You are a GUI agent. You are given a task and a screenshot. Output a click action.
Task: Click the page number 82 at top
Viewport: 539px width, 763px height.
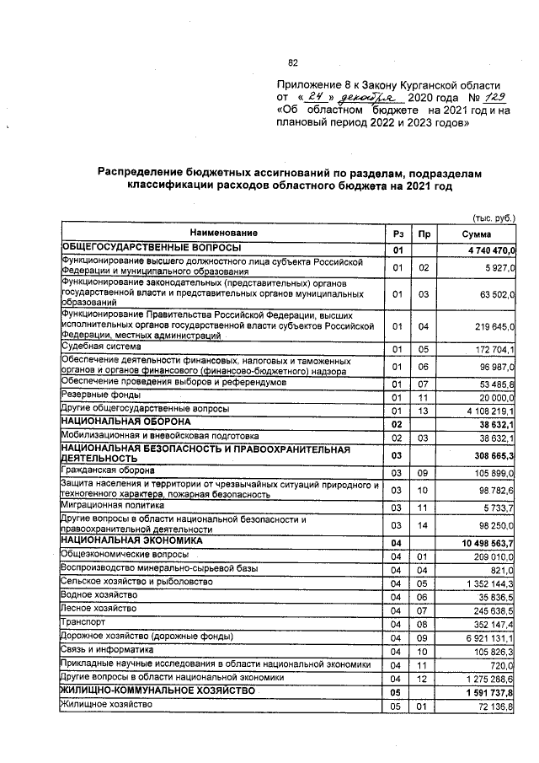tap(294, 62)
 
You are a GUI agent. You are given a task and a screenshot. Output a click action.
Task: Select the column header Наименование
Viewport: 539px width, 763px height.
tap(223, 233)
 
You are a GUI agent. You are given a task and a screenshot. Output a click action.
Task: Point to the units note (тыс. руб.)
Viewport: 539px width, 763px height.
tap(494, 216)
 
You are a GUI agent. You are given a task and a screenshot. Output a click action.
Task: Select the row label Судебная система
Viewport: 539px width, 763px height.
tap(94, 347)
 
